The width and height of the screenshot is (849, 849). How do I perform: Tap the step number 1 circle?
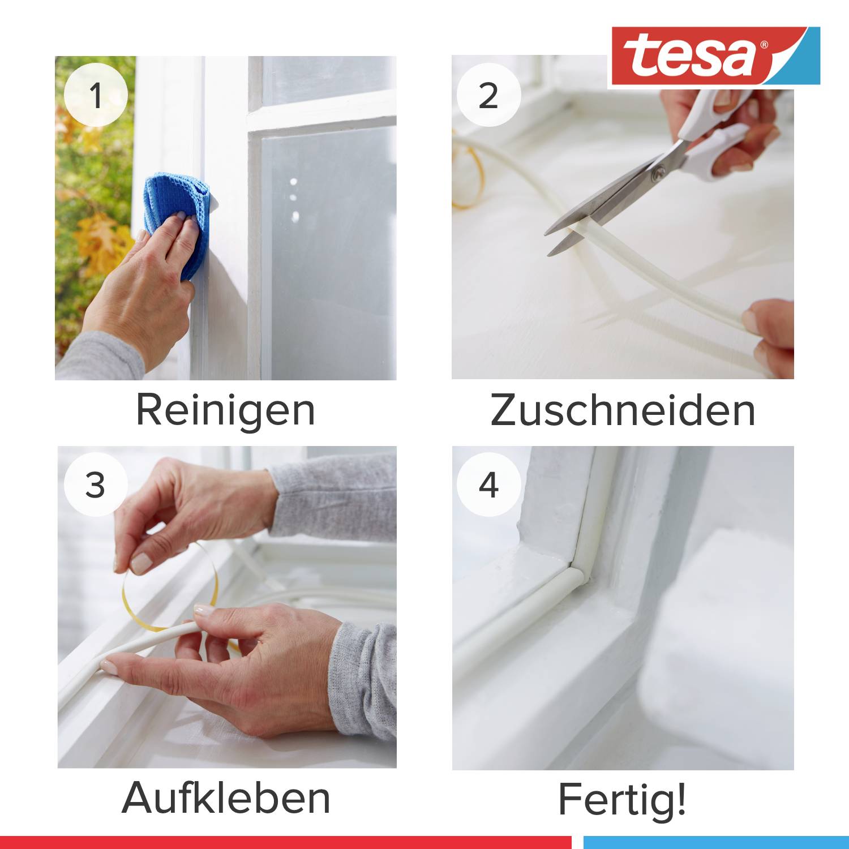point(96,95)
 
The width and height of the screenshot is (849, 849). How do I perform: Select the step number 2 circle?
point(488,95)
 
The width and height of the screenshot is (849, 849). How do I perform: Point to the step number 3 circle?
point(95,484)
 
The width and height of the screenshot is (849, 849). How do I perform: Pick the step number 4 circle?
point(488,484)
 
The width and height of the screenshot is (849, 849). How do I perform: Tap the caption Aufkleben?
point(225,798)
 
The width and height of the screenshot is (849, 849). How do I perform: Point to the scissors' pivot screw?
point(657,173)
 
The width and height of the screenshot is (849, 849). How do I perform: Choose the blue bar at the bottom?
point(716,842)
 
